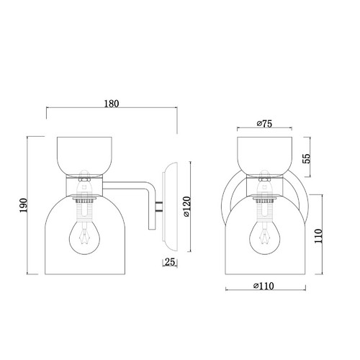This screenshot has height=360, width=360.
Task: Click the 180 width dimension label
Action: click(112, 104)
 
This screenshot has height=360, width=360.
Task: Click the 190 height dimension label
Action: click(24, 205)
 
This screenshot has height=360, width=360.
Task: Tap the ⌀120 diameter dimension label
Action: click(187, 207)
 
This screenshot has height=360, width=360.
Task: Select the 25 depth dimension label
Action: click(170, 262)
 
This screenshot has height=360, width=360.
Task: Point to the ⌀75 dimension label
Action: click(264, 124)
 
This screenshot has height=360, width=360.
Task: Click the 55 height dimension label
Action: click(307, 158)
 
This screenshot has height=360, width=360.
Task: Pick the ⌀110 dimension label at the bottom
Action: click(264, 286)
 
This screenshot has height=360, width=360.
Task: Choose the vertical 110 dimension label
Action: click(318, 236)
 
